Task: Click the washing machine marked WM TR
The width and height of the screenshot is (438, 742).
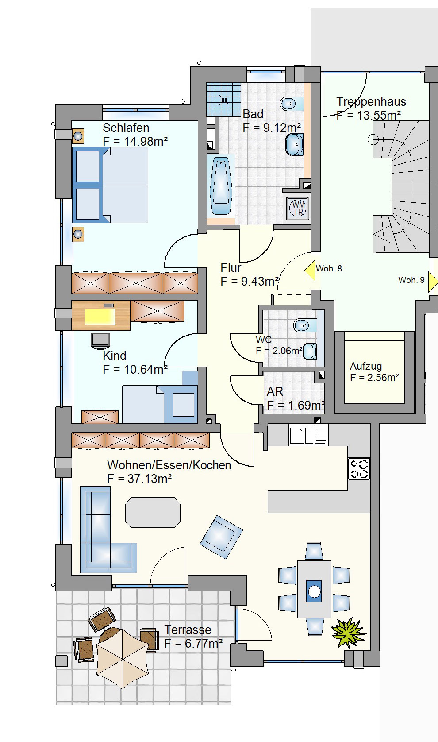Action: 298,207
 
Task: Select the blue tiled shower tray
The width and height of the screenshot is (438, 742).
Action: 224,99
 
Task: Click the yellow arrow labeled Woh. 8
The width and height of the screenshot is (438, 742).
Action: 310,271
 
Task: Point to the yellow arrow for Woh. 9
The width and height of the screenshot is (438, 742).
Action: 433,282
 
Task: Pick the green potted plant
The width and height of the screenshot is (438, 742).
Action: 349,632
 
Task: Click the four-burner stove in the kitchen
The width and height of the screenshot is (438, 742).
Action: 359,469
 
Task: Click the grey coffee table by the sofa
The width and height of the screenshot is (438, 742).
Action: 153,512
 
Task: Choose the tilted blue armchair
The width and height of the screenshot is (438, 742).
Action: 221,537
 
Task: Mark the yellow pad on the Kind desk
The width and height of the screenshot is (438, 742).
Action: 100,317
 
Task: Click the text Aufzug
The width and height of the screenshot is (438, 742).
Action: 366,366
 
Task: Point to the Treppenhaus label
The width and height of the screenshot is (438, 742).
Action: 371,101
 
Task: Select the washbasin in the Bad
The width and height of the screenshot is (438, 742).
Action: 294,144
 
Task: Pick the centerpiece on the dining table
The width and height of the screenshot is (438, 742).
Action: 314,591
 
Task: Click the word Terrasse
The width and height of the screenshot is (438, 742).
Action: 188,630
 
